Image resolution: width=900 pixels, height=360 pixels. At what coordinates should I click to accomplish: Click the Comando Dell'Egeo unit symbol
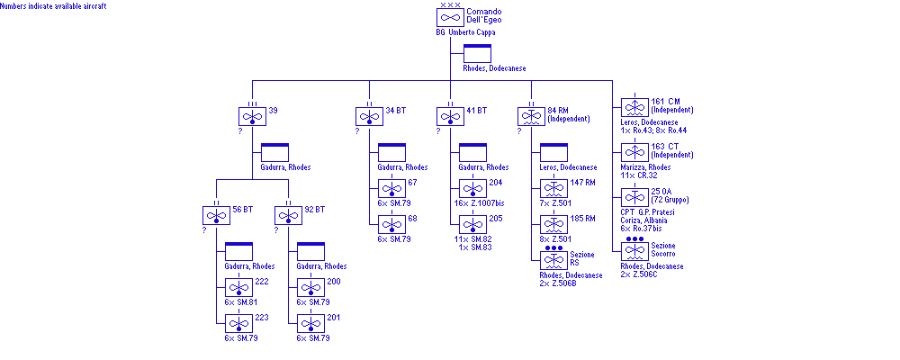tap(451, 17)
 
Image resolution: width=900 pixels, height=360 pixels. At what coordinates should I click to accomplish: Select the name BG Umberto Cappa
tap(464, 32)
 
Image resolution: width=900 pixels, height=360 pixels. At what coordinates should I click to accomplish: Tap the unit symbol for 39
tap(252, 117)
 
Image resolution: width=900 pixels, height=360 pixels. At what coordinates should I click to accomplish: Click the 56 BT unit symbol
tap(216, 216)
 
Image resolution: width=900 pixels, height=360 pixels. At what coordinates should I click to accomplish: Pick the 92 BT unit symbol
tap(289, 216)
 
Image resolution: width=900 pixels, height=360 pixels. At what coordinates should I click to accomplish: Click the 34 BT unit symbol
tap(369, 117)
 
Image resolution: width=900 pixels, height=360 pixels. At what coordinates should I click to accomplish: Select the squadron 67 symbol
tap(391, 189)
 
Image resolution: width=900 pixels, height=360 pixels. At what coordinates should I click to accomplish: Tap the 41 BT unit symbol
tap(450, 117)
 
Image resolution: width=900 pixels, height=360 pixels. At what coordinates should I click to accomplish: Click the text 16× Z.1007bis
tap(481, 203)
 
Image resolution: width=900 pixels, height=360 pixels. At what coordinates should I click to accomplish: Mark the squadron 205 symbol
tap(472, 225)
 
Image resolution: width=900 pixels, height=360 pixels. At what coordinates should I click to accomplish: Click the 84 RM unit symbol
tap(531, 117)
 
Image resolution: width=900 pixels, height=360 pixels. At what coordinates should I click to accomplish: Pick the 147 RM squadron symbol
tap(553, 189)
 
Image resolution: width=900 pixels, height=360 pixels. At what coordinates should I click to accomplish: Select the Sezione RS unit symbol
tap(553, 261)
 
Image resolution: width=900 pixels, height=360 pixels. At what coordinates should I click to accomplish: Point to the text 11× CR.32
tap(641, 174)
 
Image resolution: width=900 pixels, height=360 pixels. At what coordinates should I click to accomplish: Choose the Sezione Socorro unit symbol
tap(634, 253)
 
